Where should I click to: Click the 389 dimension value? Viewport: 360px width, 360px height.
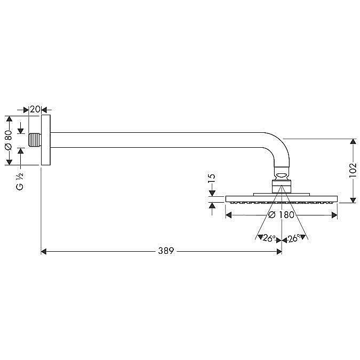point(166,251)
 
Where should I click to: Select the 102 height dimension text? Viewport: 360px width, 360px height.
point(353,170)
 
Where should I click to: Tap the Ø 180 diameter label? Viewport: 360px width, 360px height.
point(281,215)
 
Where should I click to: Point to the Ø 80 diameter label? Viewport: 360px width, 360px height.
point(8,140)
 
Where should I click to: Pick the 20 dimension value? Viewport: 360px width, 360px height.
point(35,109)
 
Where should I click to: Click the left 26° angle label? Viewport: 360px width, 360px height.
point(269,238)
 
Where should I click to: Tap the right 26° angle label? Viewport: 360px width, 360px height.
point(294,238)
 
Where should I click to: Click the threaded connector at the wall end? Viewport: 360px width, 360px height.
point(35,140)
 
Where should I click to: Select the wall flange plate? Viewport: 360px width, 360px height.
point(46,140)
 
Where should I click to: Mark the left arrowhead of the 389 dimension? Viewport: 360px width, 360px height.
point(43,252)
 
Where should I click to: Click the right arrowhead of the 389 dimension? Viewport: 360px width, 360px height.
point(279,252)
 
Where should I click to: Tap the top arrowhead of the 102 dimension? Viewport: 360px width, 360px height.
point(353,141)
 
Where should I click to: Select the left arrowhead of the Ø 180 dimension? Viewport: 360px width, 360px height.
point(228,215)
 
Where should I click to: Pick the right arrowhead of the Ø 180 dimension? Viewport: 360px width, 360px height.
point(334,215)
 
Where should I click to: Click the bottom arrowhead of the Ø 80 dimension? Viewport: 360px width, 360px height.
point(9,162)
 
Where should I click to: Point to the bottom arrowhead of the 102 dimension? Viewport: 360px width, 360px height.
point(353,200)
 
